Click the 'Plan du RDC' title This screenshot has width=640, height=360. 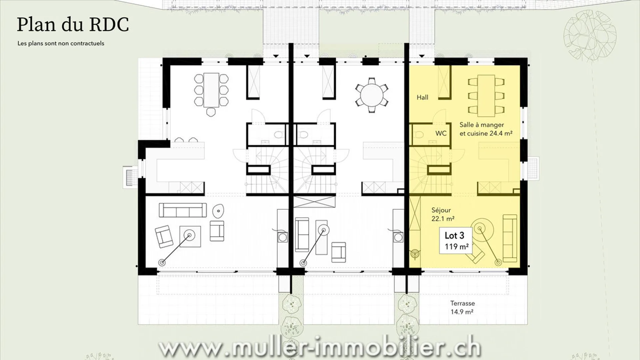click(x=73, y=25)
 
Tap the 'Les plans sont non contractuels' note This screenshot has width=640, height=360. click(x=61, y=43)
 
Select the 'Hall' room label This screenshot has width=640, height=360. click(x=422, y=97)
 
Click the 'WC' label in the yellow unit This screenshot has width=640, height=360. click(x=441, y=133)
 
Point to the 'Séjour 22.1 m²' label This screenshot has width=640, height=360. click(x=443, y=214)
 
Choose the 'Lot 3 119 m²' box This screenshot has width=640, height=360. click(x=456, y=241)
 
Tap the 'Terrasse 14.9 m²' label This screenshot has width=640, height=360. click(x=462, y=307)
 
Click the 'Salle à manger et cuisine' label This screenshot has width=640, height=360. click(x=486, y=129)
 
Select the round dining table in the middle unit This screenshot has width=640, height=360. click(x=371, y=95)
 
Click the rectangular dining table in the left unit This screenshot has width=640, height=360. click(x=211, y=90)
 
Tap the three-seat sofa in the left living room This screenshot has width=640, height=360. click(x=182, y=210)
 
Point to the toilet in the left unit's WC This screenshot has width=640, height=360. click(x=279, y=135)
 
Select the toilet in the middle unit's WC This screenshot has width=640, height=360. click(x=303, y=135)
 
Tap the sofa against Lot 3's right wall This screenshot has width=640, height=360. click(x=510, y=238)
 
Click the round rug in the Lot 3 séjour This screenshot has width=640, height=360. click(x=480, y=228)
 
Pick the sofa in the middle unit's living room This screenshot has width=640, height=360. click(x=302, y=235)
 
